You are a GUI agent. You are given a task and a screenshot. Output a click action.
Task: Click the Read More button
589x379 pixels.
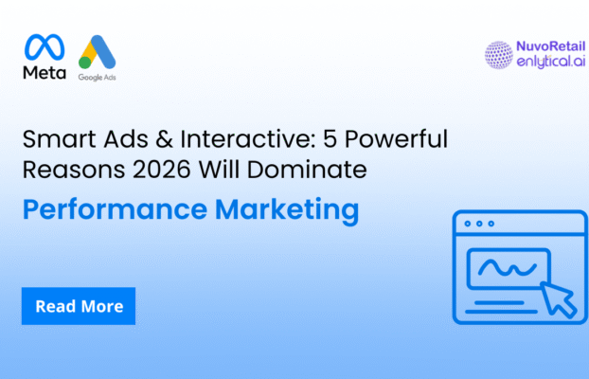[79, 306]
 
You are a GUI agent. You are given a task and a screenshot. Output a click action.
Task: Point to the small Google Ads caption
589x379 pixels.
[97, 78]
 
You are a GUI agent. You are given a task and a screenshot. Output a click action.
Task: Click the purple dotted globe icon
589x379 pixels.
[498, 56]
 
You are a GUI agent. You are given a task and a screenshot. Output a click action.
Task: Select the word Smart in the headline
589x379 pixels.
[53, 143]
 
